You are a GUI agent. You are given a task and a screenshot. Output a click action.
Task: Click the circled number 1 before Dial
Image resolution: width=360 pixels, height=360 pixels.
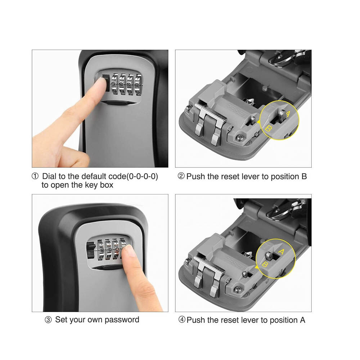[35, 176]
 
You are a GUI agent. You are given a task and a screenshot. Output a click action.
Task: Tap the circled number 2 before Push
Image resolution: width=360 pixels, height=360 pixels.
[181, 176]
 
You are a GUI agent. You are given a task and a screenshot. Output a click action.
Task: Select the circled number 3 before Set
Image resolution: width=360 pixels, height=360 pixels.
[48, 320]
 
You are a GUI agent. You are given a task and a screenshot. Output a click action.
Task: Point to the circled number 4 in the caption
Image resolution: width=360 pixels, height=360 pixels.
[182, 320]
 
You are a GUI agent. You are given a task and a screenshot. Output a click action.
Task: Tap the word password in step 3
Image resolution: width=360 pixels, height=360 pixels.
[122, 320]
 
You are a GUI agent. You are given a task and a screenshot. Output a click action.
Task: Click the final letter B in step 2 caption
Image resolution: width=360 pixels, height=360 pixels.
[304, 176]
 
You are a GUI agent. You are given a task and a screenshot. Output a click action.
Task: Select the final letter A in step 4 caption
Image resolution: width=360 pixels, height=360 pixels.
[302, 320]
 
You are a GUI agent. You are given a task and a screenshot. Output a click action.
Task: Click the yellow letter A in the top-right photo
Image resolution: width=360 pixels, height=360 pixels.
[288, 114]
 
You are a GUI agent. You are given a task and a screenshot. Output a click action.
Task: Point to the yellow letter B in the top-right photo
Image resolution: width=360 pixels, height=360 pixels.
[268, 129]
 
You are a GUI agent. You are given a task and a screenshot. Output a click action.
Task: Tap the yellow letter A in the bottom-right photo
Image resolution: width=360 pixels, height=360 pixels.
[281, 252]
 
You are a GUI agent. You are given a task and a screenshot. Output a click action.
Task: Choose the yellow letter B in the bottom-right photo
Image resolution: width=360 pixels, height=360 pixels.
[265, 265]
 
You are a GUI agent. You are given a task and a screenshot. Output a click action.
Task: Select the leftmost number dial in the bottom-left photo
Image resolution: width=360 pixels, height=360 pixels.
[101, 250]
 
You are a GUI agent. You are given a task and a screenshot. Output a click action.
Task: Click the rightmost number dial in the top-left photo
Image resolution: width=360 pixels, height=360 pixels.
[138, 85]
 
